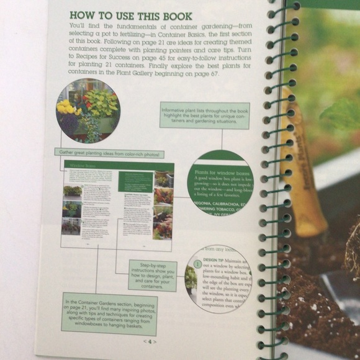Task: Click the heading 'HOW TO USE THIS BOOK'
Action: [x=130, y=16]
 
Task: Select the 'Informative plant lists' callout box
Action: [x=204, y=115]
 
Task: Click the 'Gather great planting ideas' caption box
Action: [x=109, y=153]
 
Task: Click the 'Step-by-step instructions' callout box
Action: [x=152, y=276]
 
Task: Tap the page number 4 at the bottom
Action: [x=150, y=341]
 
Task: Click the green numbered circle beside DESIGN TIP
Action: [x=197, y=264]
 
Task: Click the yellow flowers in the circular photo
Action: [x=66, y=107]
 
